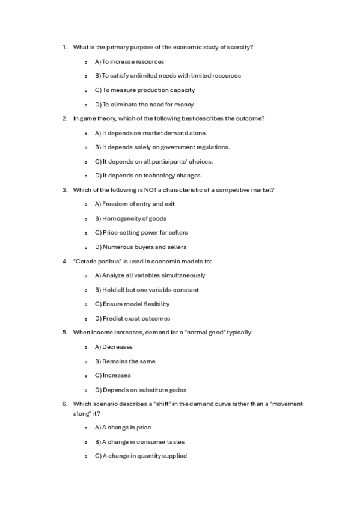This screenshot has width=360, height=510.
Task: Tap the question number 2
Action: click(x=64, y=118)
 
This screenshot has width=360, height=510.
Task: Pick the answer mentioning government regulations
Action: click(x=162, y=147)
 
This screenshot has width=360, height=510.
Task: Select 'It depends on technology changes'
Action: click(x=152, y=176)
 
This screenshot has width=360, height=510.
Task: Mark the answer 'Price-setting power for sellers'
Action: click(x=145, y=233)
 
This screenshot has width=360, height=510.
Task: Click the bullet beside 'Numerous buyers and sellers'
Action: click(x=87, y=247)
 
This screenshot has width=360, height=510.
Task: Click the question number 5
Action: click(x=64, y=333)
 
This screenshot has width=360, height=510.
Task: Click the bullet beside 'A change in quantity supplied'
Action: click(x=87, y=456)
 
